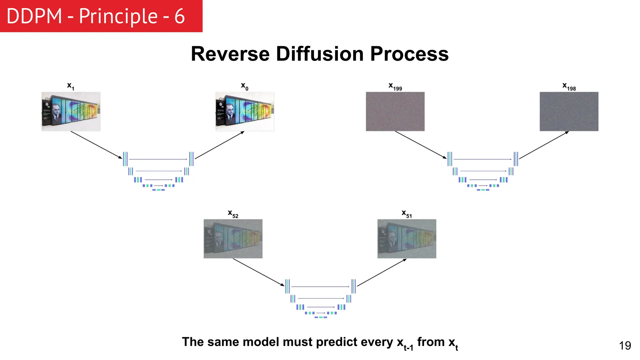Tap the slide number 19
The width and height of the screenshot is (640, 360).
(x=625, y=346)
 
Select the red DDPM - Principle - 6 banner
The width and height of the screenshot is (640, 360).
(x=101, y=16)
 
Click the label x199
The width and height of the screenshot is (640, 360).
(x=395, y=87)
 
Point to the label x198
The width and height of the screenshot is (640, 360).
(x=569, y=87)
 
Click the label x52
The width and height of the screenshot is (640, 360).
(x=233, y=214)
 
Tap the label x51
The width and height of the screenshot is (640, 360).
(x=407, y=214)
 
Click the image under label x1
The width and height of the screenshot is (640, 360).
(x=71, y=112)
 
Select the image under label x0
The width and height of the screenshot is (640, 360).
(x=245, y=112)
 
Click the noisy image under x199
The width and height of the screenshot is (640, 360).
(x=395, y=112)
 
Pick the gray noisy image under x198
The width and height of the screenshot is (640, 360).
(x=569, y=112)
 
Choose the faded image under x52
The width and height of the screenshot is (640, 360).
(x=233, y=239)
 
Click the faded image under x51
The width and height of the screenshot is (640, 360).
(x=407, y=239)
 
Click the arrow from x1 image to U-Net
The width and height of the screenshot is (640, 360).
(x=96, y=145)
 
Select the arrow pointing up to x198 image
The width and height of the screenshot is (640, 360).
(x=544, y=145)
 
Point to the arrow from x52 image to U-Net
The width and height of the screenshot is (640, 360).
(x=258, y=272)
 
